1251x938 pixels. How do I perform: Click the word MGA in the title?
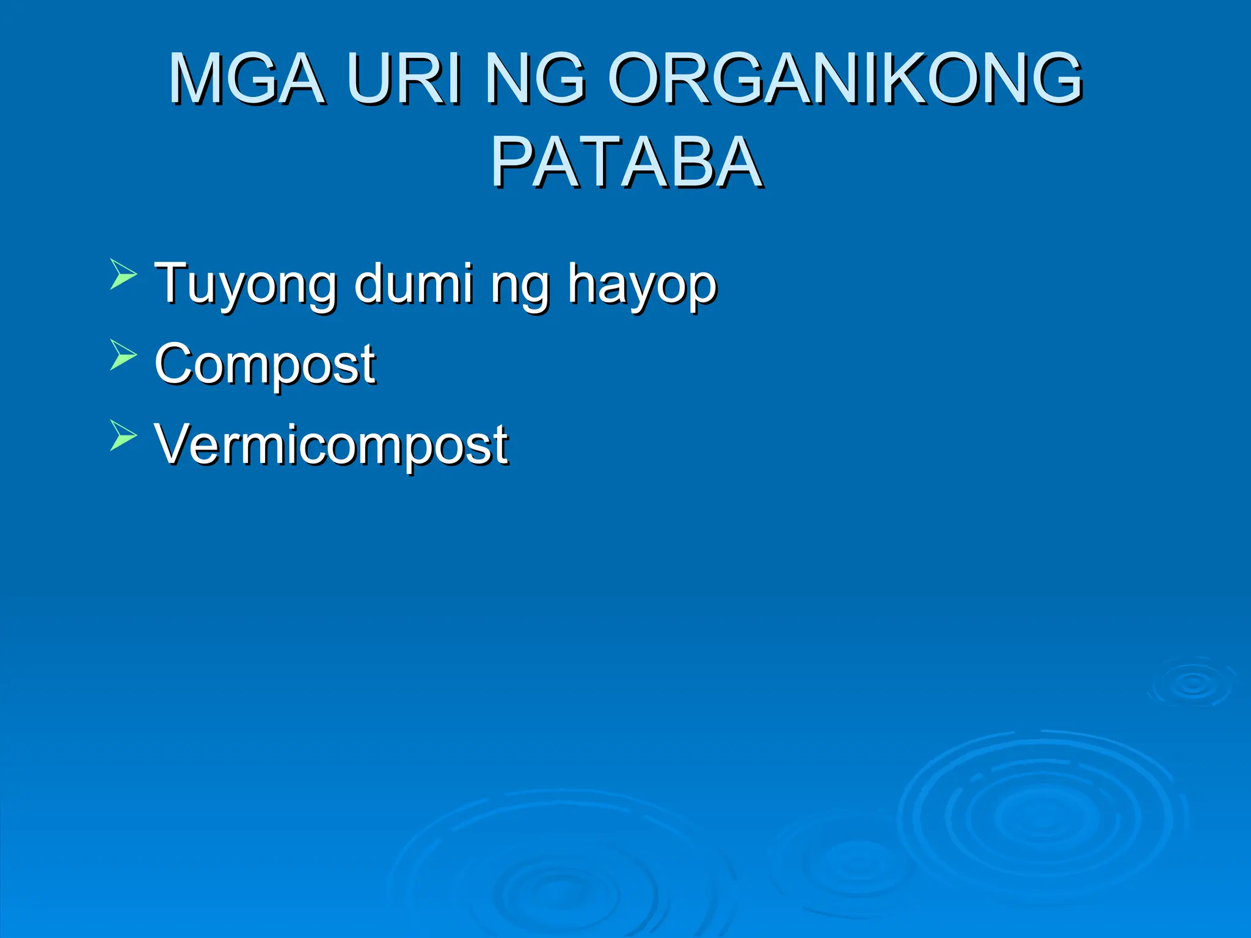click(x=246, y=79)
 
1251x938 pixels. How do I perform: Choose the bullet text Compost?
click(x=265, y=365)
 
